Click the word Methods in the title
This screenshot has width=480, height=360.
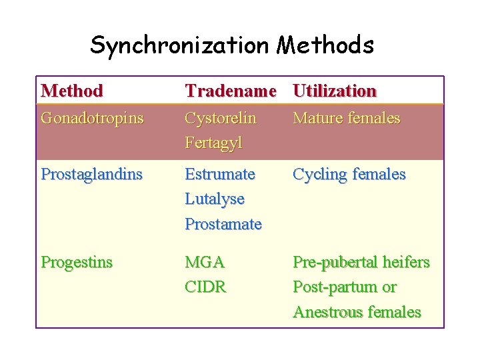[326, 45]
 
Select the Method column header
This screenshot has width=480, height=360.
[72, 91]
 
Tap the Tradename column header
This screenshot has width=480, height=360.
[230, 91]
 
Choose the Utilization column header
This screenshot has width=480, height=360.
[335, 91]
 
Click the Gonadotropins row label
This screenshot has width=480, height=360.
[92, 118]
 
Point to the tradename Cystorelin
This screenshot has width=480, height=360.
[221, 118]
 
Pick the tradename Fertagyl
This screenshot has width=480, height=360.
[213, 143]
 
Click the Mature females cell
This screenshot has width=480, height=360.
[347, 118]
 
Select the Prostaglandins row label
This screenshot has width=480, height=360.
[92, 174]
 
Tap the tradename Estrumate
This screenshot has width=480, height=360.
[220, 174]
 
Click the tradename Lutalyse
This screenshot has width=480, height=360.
[215, 199]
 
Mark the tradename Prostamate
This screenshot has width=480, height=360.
[223, 224]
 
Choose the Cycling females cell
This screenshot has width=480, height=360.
[349, 174]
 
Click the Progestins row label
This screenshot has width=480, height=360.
[77, 262]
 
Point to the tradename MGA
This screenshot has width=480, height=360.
[205, 262]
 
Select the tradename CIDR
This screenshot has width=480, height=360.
[205, 287]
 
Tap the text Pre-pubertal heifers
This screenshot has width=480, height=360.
[361, 262]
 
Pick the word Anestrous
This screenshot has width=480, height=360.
[325, 312]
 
